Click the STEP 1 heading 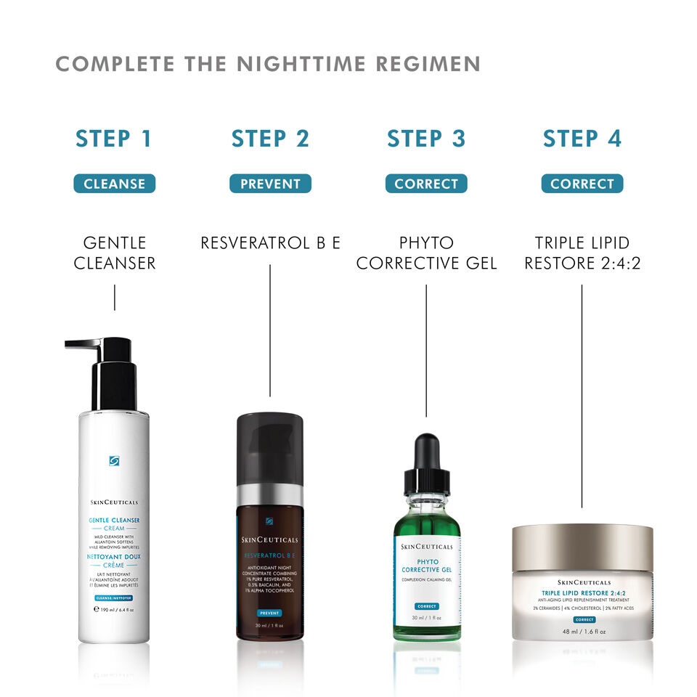point(114,139)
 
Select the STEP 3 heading point(426,139)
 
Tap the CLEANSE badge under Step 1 point(114,184)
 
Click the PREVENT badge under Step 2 point(270,184)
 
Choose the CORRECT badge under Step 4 point(582,184)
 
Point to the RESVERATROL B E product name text point(270,242)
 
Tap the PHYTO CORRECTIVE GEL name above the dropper point(426,252)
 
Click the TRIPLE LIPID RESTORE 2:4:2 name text point(582,252)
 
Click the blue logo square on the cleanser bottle point(114,460)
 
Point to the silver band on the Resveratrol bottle point(270,494)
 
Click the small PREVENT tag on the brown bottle point(269,613)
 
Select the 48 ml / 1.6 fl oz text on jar point(582,631)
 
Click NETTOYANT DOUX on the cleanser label point(114,556)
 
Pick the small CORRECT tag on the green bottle point(426,606)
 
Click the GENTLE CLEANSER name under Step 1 point(114,252)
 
